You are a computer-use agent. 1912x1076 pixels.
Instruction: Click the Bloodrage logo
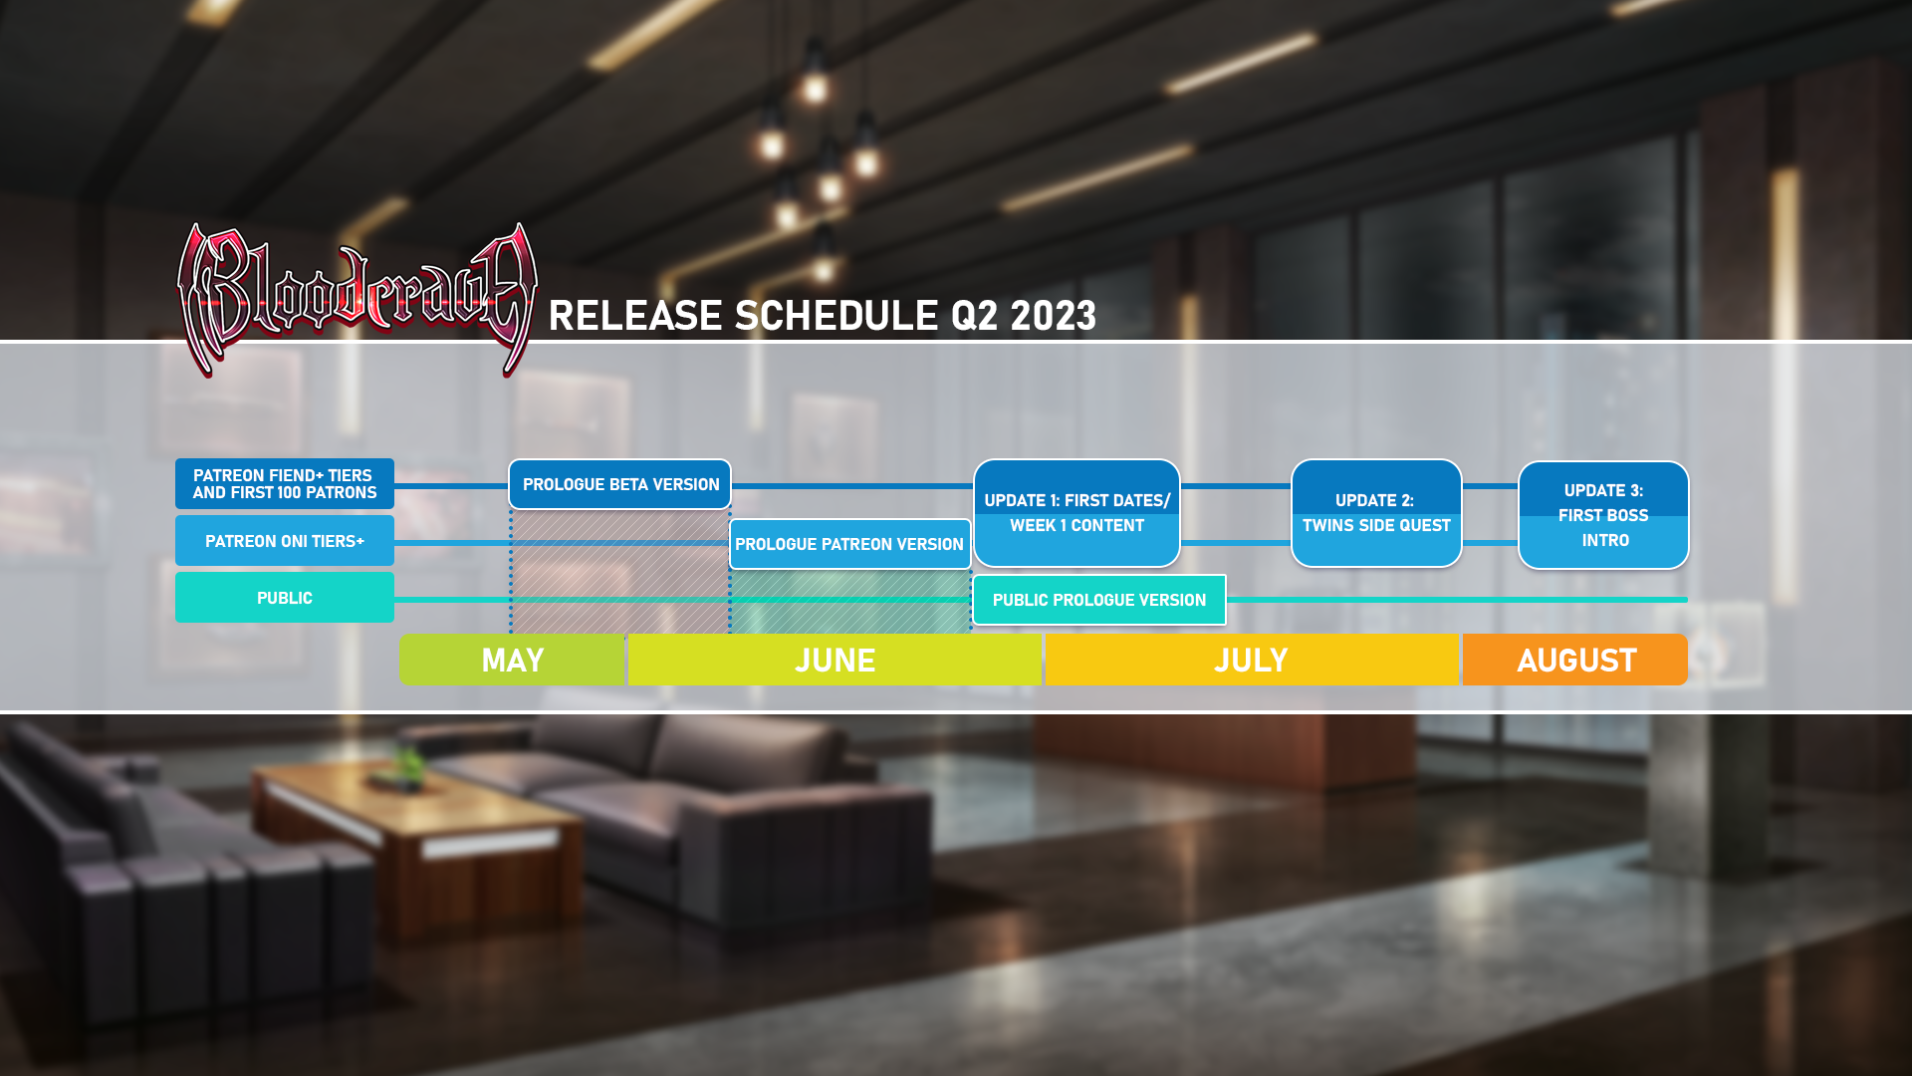click(357, 299)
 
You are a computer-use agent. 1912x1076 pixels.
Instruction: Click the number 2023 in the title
click(1053, 316)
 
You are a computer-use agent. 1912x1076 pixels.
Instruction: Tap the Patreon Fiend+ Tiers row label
click(285, 484)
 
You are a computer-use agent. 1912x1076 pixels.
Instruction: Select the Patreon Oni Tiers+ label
click(285, 541)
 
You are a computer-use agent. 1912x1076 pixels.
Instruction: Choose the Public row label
click(285, 598)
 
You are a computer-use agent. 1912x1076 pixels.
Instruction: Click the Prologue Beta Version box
click(619, 484)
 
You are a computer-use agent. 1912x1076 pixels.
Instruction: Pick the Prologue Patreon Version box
click(849, 544)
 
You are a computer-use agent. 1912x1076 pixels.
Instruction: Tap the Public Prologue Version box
click(1099, 600)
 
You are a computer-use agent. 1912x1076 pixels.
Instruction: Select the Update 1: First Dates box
click(1076, 513)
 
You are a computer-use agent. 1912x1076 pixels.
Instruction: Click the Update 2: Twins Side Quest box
click(1376, 513)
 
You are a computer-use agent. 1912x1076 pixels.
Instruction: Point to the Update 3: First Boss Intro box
click(1603, 515)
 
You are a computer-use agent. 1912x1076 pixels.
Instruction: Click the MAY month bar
click(512, 660)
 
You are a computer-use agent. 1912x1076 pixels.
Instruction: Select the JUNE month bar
click(835, 660)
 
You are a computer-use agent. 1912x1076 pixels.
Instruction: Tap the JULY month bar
click(1252, 660)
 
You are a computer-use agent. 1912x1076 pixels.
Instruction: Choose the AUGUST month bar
click(1575, 660)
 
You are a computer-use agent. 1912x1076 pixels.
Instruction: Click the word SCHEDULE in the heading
click(836, 316)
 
